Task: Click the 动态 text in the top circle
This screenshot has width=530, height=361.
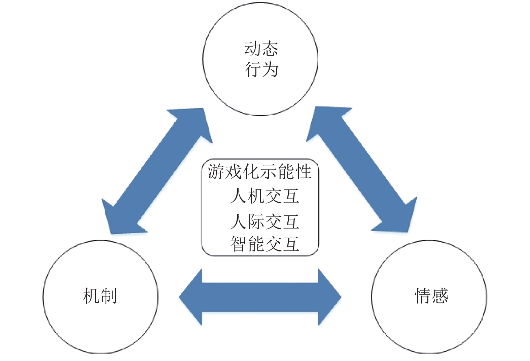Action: click(261, 49)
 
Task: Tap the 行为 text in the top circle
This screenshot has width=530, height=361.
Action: click(261, 69)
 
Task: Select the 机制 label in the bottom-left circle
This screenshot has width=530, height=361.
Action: click(100, 296)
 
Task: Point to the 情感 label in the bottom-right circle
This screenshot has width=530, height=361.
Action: click(431, 296)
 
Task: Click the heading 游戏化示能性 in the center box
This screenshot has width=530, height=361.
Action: click(259, 172)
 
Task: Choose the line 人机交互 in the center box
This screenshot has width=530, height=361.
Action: click(265, 196)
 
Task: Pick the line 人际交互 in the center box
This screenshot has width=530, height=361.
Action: click(265, 222)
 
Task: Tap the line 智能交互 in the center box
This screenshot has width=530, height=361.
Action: click(265, 244)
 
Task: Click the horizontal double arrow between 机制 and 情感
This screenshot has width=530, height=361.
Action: click(260, 297)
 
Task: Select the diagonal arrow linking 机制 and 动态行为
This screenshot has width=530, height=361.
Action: click(157, 171)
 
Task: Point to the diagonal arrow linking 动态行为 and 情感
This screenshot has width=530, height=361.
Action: click(362, 169)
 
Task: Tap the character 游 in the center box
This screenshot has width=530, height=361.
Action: click(216, 172)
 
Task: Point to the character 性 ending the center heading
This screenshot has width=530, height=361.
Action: click(304, 172)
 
